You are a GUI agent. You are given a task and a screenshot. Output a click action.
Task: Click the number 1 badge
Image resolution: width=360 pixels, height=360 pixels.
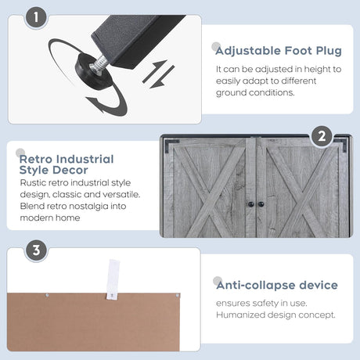(x=36, y=17)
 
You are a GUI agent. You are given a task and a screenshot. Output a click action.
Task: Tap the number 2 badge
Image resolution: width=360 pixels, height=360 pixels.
(x=322, y=136)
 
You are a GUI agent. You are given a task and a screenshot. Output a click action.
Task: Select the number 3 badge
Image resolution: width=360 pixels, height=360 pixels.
(x=36, y=250)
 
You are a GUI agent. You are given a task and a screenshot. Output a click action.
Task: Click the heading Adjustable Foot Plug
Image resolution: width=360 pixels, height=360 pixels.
(x=279, y=51)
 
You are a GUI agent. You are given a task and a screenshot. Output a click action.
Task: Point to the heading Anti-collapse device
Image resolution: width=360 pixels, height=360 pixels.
(x=277, y=285)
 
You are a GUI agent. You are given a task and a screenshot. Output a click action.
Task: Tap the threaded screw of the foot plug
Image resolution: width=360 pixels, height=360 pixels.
(x=99, y=64)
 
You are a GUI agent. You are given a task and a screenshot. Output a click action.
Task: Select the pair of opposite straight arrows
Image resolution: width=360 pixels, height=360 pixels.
(x=158, y=74)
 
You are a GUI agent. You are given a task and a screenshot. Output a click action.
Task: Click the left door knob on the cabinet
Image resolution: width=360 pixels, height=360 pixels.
(x=250, y=204)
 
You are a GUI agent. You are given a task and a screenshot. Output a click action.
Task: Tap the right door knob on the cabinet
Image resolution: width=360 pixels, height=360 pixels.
(x=261, y=204)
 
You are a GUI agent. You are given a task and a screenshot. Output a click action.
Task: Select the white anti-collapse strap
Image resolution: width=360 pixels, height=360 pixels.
(x=113, y=279)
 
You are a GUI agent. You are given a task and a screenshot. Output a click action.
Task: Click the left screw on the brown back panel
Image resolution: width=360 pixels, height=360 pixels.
(x=47, y=296)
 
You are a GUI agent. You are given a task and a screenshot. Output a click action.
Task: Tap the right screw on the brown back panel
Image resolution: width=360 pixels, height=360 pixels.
(x=177, y=296)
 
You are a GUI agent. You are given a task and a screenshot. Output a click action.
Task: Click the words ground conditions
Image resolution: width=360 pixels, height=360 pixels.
(x=255, y=92)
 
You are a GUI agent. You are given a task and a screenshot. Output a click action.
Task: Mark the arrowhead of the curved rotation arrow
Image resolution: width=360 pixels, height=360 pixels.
(x=95, y=103)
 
